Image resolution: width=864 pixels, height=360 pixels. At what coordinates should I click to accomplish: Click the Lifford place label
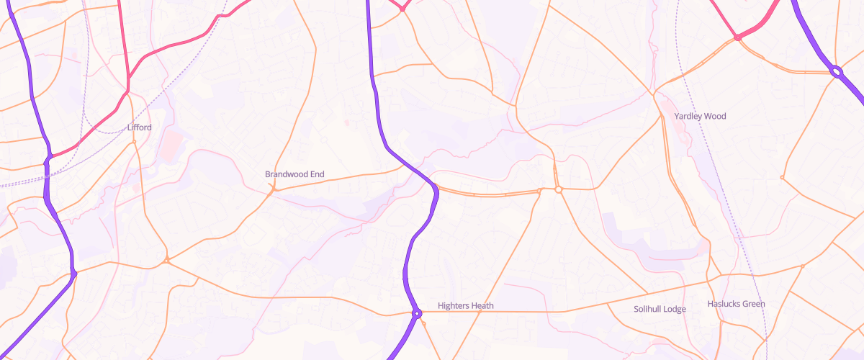[139, 127]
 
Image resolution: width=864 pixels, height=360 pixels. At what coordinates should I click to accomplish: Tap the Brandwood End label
[294, 174]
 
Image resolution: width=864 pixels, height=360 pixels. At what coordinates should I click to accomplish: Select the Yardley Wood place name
[700, 116]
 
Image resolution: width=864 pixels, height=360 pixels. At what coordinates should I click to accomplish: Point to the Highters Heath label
[466, 306]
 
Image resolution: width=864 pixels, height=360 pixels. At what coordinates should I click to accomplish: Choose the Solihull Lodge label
[660, 309]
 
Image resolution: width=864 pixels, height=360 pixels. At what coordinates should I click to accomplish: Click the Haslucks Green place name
[736, 304]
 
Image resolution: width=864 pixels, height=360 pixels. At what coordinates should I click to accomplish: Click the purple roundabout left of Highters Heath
[416, 313]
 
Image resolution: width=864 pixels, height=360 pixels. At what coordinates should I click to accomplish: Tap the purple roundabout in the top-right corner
[836, 71]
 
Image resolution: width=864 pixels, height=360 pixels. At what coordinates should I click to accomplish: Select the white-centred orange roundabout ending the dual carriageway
[558, 189]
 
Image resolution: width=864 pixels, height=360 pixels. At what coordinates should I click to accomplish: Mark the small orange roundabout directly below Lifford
[134, 143]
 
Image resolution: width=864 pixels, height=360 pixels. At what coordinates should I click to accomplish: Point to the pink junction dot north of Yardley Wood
[737, 37]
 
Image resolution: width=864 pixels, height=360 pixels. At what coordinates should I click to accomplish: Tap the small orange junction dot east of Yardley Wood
[782, 177]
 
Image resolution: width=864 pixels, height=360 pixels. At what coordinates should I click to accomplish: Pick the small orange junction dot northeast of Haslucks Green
[802, 266]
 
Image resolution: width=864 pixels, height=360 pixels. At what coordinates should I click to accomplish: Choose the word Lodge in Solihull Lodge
[675, 309]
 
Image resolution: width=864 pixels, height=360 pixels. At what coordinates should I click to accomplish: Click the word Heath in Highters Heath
[482, 306]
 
